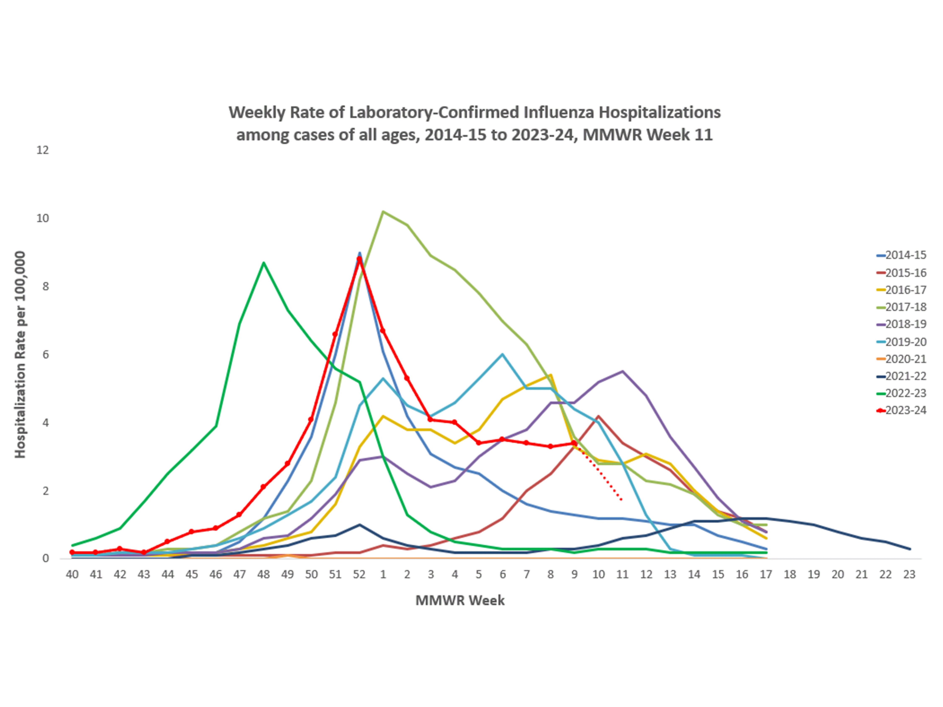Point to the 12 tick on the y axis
(43, 150)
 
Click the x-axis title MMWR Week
(460, 600)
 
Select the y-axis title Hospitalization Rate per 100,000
(20, 355)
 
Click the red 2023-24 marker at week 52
(359, 259)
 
